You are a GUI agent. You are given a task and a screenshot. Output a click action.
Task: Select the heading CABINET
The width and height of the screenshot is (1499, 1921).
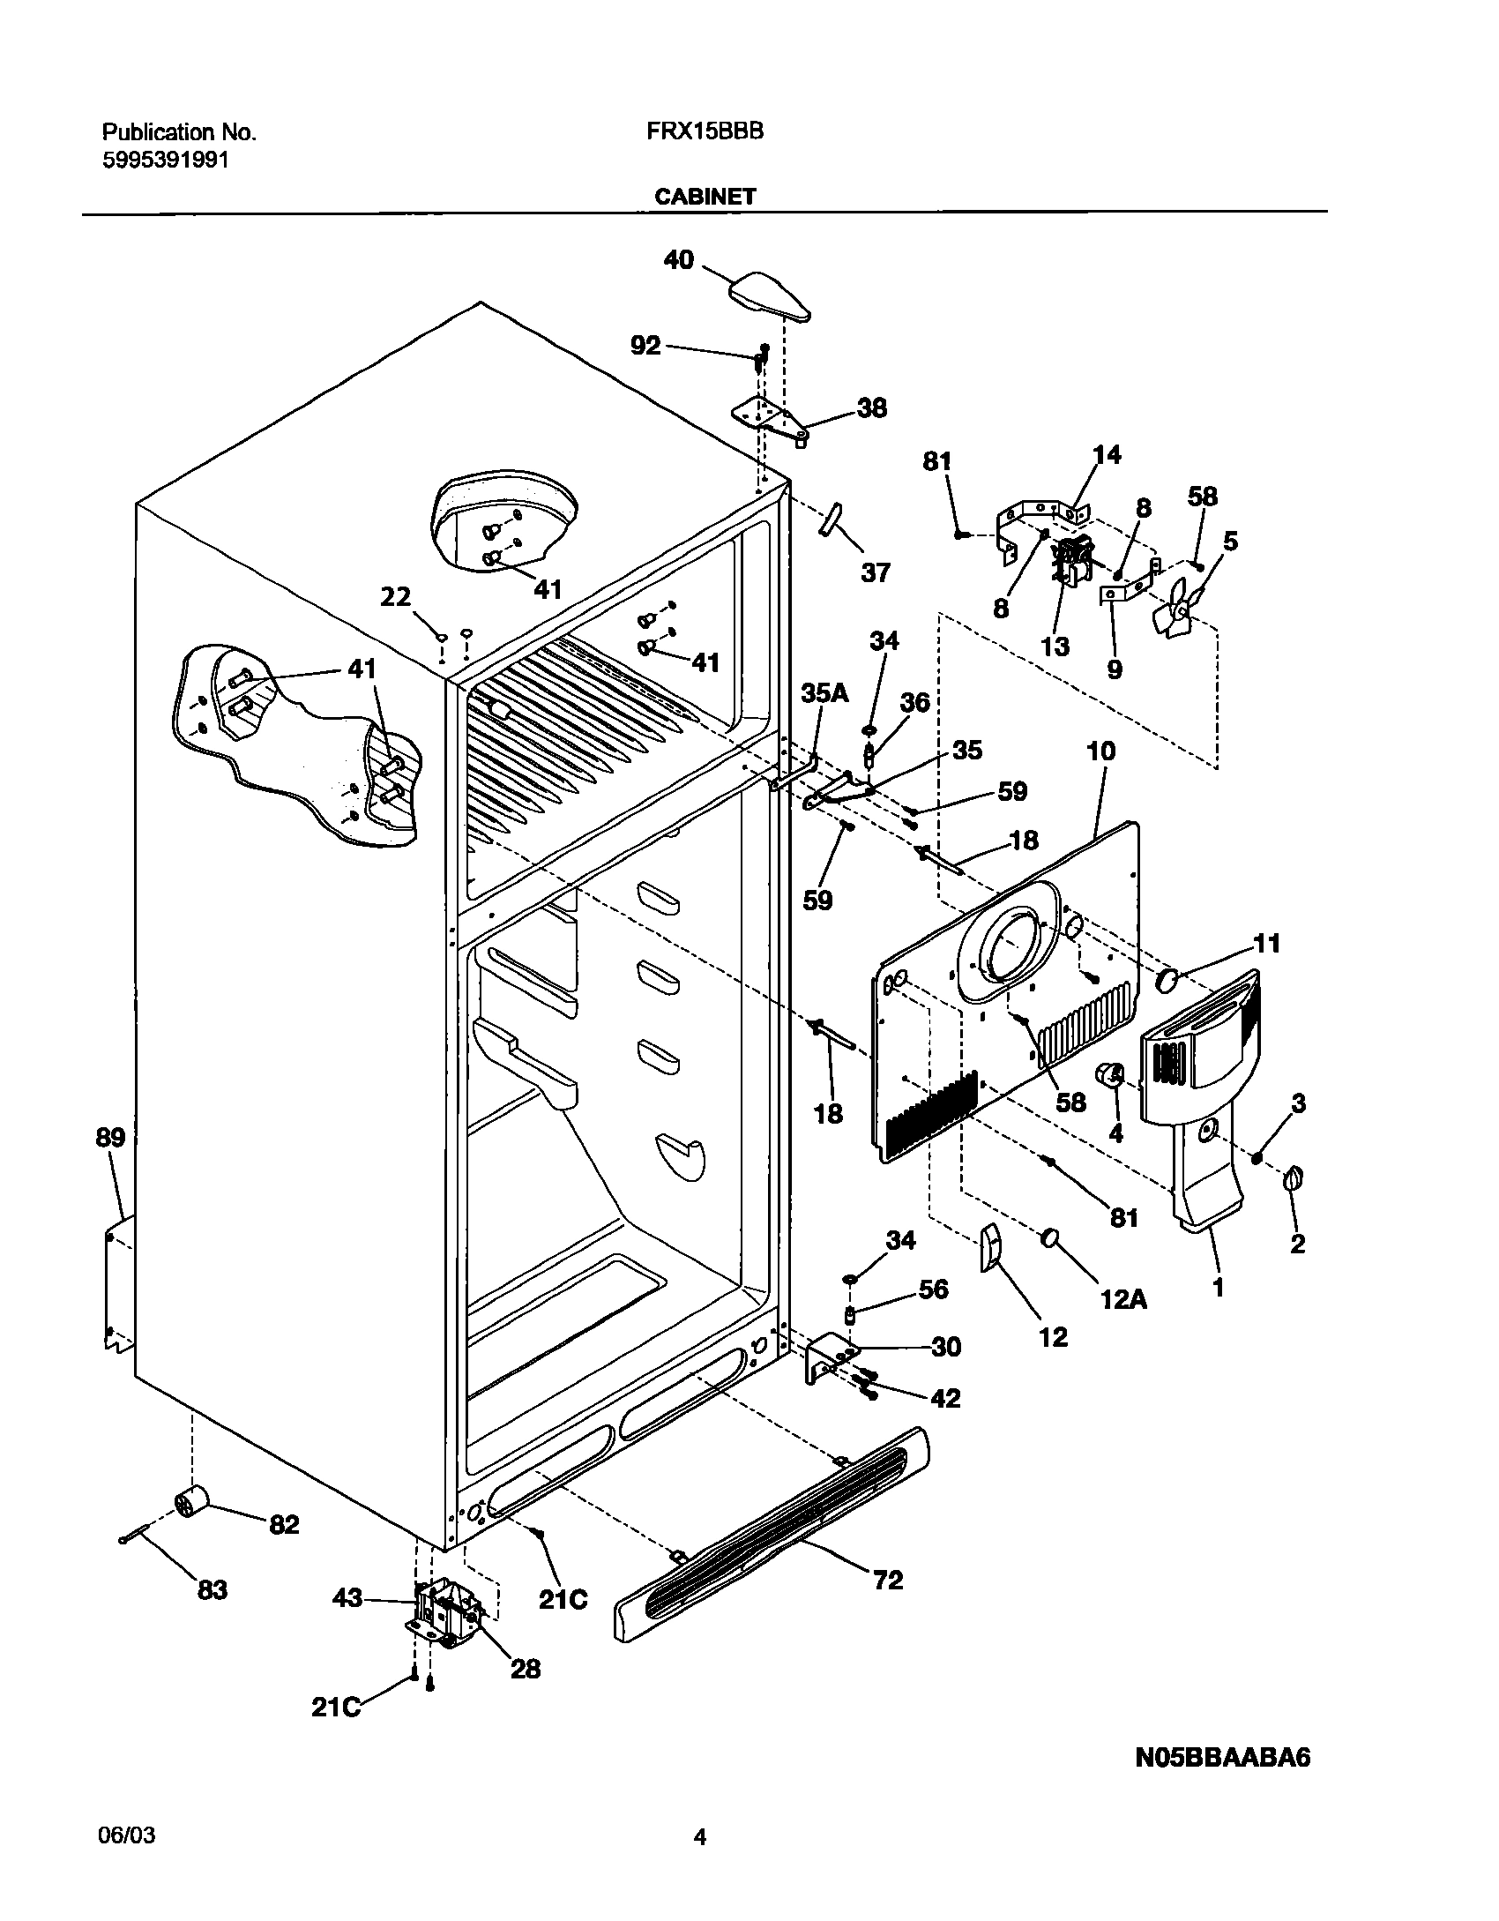pyautogui.click(x=705, y=197)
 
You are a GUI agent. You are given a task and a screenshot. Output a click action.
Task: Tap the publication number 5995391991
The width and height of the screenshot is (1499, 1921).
pyautogui.click(x=166, y=160)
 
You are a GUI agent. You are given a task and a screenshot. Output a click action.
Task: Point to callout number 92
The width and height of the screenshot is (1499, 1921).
pyautogui.click(x=645, y=345)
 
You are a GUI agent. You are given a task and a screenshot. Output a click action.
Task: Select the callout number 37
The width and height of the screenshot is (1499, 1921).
pyautogui.click(x=875, y=572)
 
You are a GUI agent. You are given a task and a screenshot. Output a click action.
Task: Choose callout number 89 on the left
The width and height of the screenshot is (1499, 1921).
pyautogui.click(x=111, y=1137)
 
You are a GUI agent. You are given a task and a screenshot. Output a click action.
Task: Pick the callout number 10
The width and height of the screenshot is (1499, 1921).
pyautogui.click(x=1101, y=751)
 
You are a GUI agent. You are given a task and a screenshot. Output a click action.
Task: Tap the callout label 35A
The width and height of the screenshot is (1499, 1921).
pyautogui.click(x=824, y=692)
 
